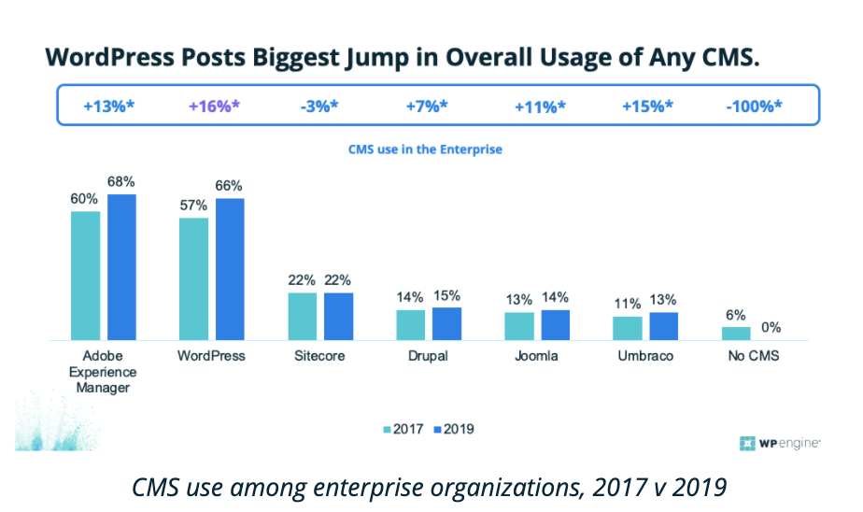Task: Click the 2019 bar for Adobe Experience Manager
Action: (121, 266)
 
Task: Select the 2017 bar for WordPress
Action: (194, 278)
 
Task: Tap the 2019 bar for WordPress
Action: (230, 268)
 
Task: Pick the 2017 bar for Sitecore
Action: (303, 316)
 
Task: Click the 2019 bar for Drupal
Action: (446, 322)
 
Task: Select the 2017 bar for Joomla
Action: (519, 325)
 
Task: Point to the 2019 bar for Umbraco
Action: (663, 325)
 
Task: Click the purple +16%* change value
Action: (214, 106)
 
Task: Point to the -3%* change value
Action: (320, 106)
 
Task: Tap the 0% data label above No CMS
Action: (771, 327)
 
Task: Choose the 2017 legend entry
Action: (403, 430)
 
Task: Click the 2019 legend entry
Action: (454, 430)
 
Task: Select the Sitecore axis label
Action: (320, 356)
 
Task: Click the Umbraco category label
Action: (645, 356)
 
